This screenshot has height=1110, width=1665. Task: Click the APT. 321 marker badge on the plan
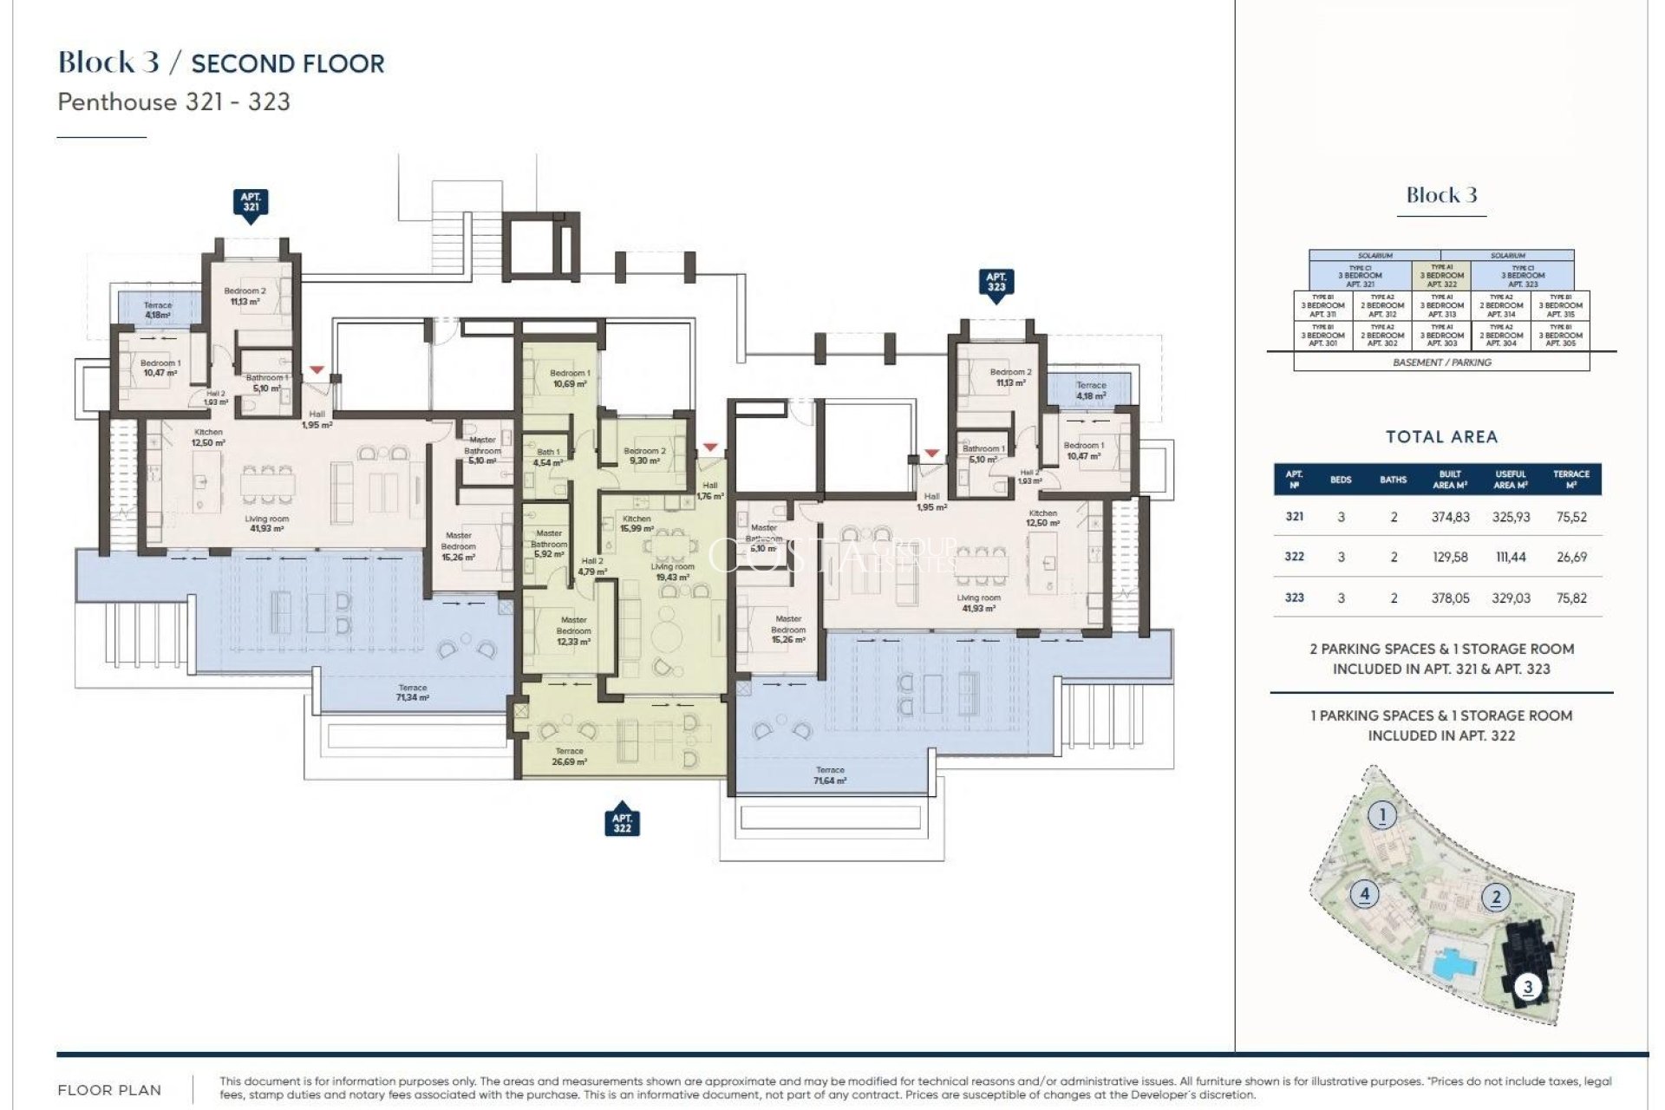(x=251, y=202)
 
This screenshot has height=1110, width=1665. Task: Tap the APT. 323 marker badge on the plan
(x=996, y=282)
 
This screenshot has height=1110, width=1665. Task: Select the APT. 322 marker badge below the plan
(x=622, y=823)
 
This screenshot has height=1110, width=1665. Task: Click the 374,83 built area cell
(x=1450, y=517)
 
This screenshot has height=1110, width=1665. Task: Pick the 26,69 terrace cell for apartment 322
(x=1571, y=557)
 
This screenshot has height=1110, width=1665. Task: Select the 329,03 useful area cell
(x=1511, y=597)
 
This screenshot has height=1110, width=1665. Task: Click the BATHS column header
(x=1393, y=480)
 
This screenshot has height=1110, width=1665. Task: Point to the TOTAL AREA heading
(x=1441, y=437)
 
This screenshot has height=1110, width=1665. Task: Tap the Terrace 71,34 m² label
(x=412, y=692)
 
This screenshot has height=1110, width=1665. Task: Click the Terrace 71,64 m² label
(x=830, y=775)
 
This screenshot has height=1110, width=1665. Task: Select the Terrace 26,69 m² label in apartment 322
(x=569, y=756)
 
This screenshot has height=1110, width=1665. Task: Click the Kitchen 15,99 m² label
(x=637, y=523)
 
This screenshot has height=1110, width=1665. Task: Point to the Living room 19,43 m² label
(x=672, y=571)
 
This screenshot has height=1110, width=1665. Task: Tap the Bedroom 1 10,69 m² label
(x=570, y=378)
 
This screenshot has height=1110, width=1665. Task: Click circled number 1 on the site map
(x=1382, y=815)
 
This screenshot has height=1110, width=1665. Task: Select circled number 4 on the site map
(x=1364, y=893)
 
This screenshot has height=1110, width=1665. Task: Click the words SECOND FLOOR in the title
(x=288, y=64)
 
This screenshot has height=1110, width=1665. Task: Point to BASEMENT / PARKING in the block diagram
(x=1442, y=362)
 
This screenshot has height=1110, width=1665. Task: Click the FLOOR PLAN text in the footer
(x=109, y=1090)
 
